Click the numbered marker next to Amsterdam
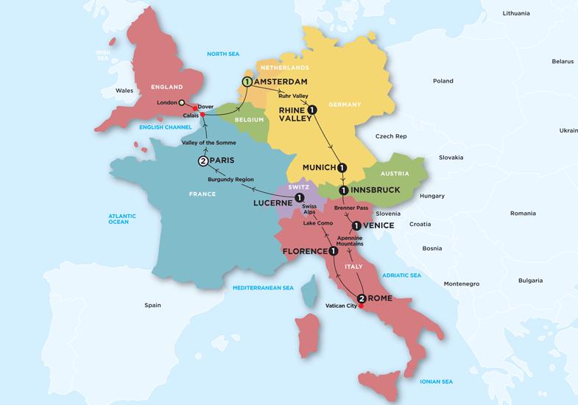[247, 81]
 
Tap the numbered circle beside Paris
[203, 162]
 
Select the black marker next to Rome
[361, 298]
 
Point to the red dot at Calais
[202, 115]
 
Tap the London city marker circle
[181, 102]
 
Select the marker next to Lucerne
[299, 198]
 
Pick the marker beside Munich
[342, 167]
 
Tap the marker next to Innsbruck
[343, 191]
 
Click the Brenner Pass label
[350, 208]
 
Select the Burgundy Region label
[232, 179]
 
